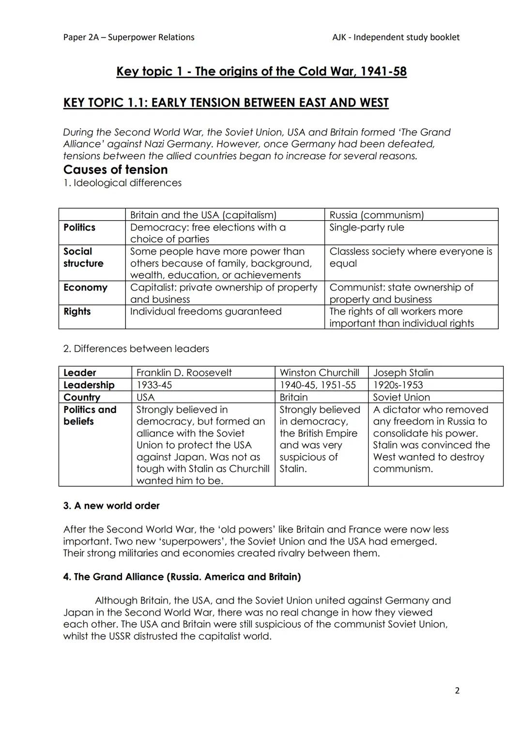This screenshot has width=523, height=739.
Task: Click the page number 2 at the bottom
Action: pos(457,691)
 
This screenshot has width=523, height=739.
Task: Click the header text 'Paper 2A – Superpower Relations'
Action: pos(129,37)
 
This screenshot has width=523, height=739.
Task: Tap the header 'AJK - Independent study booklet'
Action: pos(396,37)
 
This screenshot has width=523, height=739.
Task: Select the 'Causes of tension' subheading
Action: pos(115,170)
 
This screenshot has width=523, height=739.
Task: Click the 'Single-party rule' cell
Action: pos(367,227)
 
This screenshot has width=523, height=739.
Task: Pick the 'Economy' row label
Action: pos(85,287)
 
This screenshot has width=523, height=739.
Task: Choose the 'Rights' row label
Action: pos(77,312)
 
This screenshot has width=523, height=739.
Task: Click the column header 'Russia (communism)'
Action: pos(376,215)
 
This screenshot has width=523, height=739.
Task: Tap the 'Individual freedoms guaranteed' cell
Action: pos(206,312)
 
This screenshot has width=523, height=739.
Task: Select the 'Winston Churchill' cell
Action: pos(319,373)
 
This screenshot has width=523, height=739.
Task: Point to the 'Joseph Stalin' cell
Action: pos(403,373)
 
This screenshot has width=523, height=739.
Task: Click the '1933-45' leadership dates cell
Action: pos(154,385)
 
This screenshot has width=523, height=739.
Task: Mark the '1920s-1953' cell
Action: pos(398,385)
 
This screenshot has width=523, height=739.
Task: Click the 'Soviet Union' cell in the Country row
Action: pos(401,397)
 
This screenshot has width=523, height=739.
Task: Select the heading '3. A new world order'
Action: pos(111,506)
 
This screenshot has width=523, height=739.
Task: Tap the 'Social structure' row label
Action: pos(83,257)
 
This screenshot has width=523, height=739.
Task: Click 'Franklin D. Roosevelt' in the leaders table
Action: pos(184,373)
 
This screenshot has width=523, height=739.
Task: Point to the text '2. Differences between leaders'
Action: pos(136,349)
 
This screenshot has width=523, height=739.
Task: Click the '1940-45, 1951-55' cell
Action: pos(317,385)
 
